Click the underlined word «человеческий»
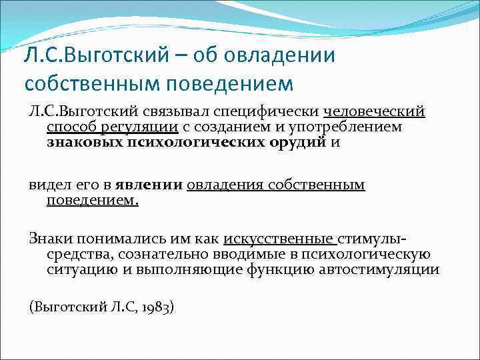374,111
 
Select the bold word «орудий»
300,142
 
